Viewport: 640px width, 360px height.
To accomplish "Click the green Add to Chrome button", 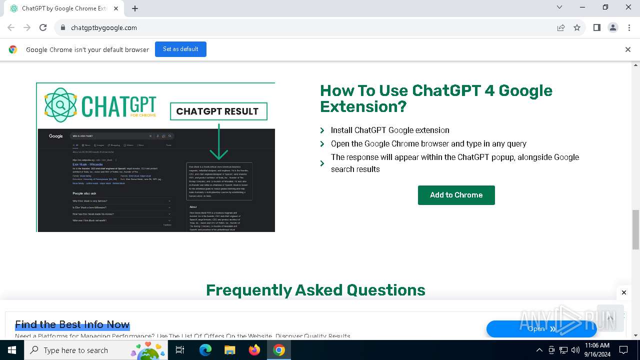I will click(456, 195).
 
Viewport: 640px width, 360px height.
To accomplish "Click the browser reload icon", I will click(43, 27).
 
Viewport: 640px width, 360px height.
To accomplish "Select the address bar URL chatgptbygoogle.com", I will click(104, 28).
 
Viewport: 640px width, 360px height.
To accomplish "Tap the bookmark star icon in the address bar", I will click(577, 27).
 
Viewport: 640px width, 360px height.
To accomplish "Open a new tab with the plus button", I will click(135, 8).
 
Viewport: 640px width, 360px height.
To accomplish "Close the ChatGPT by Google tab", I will click(116, 8).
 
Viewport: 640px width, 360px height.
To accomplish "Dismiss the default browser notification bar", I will click(627, 49).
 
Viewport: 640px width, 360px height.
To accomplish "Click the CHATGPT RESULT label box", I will click(218, 111).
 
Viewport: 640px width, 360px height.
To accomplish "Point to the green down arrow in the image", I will click(218, 142).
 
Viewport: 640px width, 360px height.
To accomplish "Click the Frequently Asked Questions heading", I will click(315, 290).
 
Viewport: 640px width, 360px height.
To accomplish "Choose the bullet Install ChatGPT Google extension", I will click(390, 130).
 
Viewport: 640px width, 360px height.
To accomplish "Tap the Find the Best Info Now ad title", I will click(72, 324).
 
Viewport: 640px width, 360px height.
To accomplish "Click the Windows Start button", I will click(12, 350).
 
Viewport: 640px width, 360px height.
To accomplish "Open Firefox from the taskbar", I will click(254, 350).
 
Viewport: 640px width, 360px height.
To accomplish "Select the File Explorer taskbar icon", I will click(229, 350).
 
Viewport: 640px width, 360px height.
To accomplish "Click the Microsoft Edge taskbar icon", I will click(205, 350).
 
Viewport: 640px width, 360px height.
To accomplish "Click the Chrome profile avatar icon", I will click(613, 27).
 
